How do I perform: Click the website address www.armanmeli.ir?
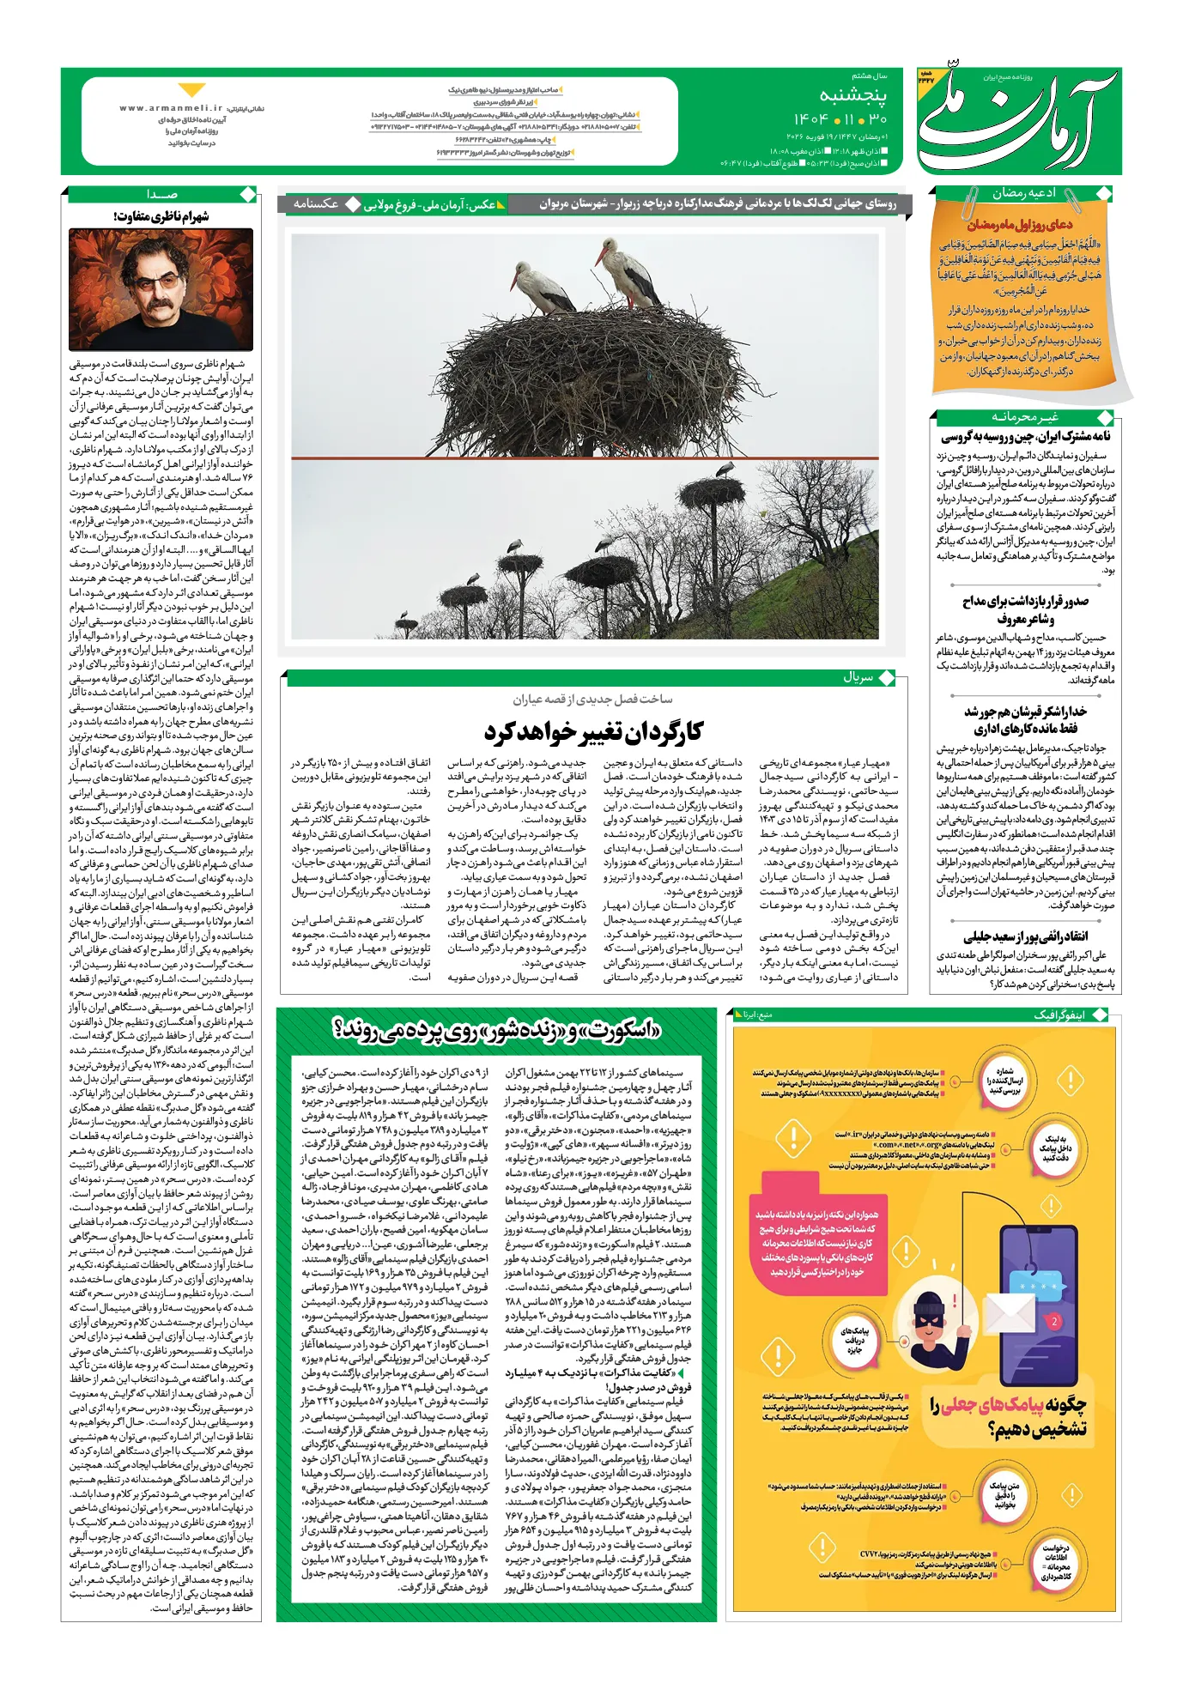[171, 108]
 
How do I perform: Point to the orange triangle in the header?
[191, 90]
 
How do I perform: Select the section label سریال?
[858, 677]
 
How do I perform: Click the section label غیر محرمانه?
[1025, 416]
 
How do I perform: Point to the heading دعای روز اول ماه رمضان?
[1019, 225]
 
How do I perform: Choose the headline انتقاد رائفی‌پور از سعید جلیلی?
[1025, 936]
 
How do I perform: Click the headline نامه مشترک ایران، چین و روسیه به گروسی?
[1025, 437]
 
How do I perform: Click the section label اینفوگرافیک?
[1059, 1015]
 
